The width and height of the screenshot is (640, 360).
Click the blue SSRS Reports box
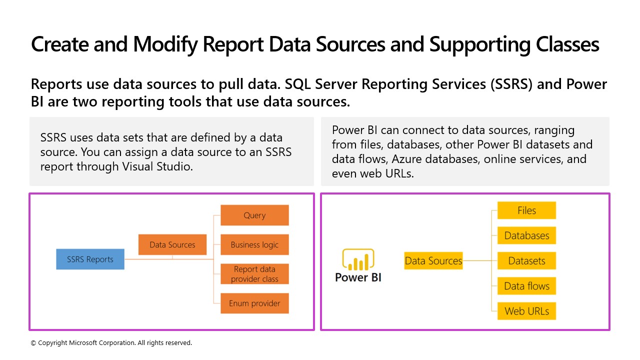(x=90, y=259)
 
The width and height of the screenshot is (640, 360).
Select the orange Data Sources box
(x=172, y=244)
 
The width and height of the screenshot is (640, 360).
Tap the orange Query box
(x=254, y=215)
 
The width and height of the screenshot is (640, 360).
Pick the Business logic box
(x=254, y=244)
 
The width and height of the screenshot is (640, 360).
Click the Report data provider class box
(x=254, y=274)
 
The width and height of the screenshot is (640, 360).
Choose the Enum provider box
(x=254, y=303)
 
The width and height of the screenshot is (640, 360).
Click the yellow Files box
(x=526, y=210)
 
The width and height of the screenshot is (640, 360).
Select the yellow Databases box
(x=526, y=235)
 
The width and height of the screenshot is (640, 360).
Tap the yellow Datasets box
(x=526, y=260)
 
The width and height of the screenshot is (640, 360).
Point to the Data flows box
(x=526, y=286)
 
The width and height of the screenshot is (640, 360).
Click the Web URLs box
(x=526, y=311)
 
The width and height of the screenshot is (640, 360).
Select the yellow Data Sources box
(x=433, y=260)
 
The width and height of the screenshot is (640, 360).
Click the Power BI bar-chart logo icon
(x=358, y=259)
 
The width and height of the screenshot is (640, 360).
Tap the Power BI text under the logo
(x=358, y=277)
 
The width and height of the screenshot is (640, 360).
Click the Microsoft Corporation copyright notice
(x=111, y=343)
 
